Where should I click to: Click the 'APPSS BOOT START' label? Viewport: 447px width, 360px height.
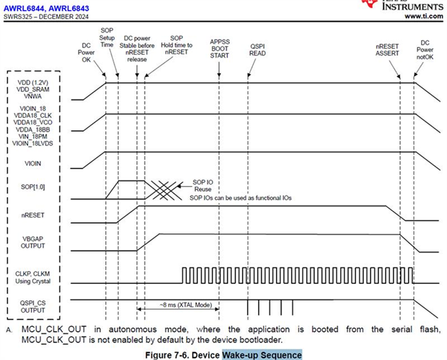tap(219, 48)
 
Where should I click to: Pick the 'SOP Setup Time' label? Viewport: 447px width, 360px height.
tap(107, 38)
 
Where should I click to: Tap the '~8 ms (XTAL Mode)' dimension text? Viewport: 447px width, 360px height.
tap(179, 306)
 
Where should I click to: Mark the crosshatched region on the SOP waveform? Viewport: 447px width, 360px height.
tap(164, 190)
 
